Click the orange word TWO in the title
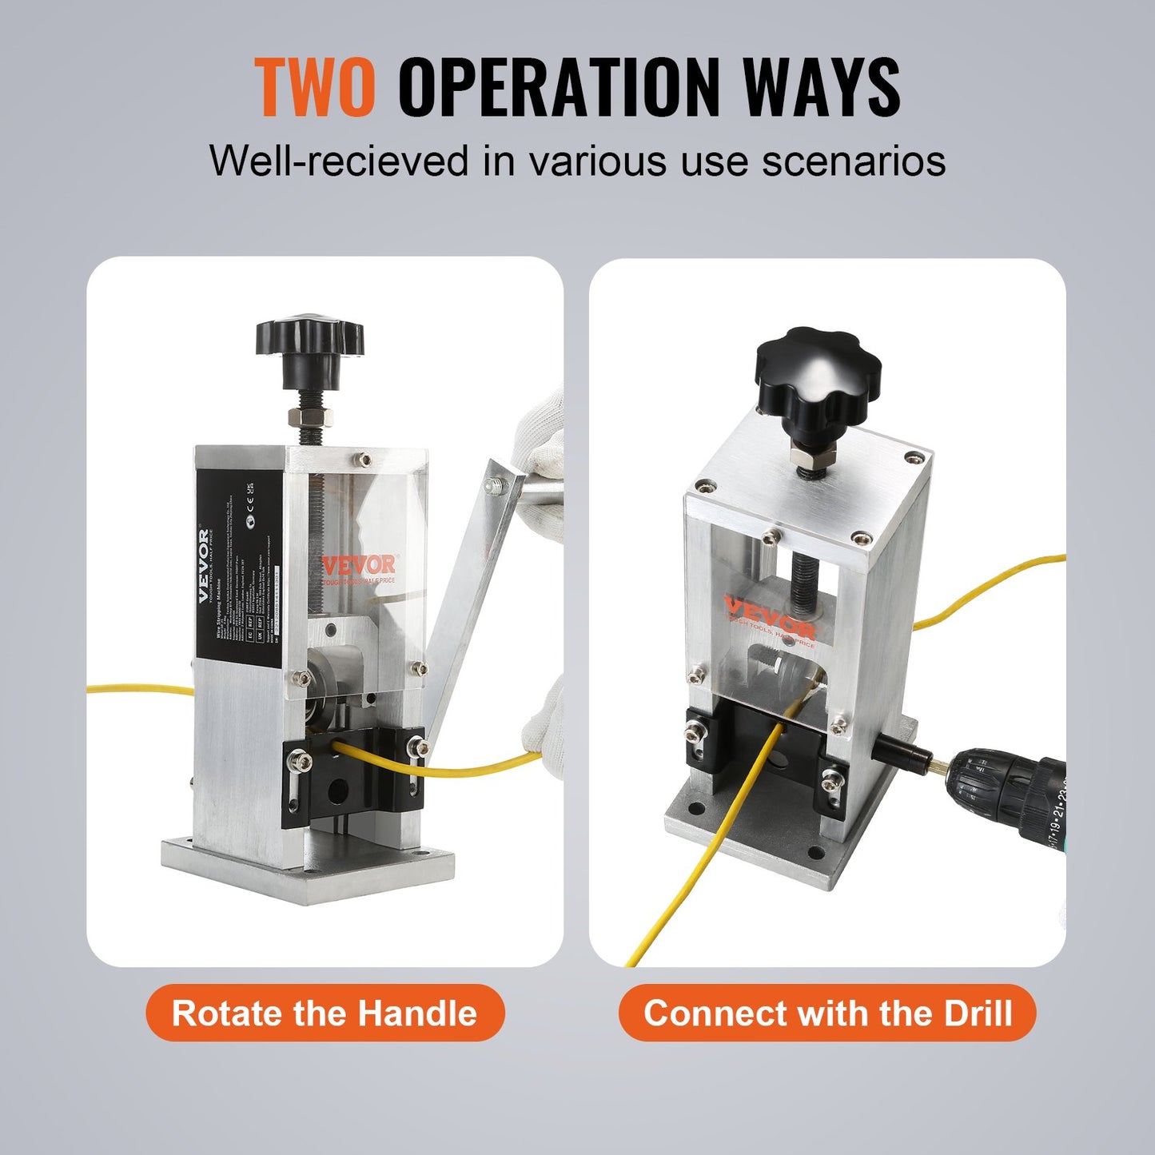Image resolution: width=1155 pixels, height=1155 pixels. click(315, 88)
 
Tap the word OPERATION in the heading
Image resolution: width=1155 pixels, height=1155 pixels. click(560, 88)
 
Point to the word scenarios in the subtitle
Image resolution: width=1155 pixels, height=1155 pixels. click(853, 161)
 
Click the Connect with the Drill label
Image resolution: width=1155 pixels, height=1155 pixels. click(827, 1013)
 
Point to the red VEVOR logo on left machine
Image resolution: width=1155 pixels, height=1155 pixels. click(359, 565)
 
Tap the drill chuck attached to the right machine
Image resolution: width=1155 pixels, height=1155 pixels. click(1015, 791)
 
